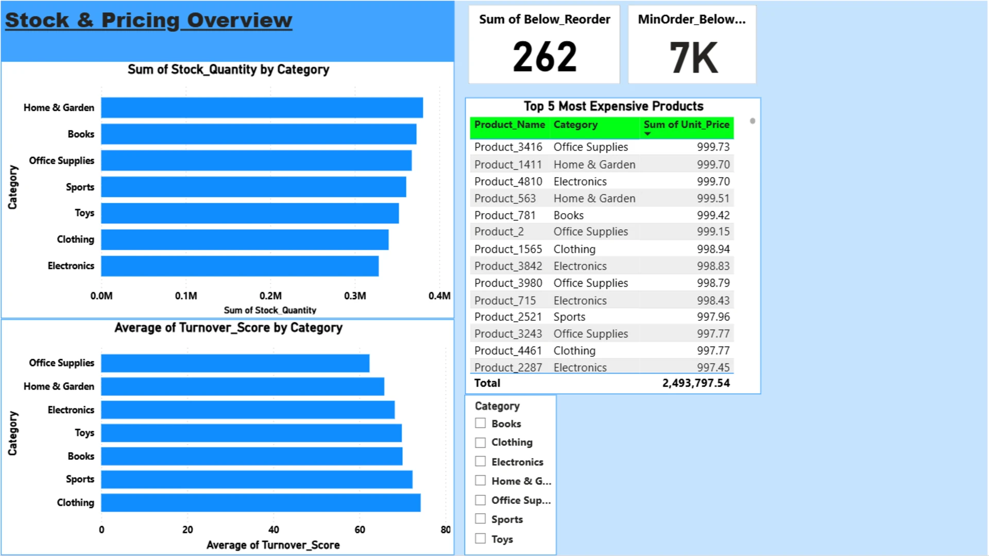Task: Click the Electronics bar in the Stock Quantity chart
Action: tap(240, 266)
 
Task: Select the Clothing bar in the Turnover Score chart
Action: tap(261, 503)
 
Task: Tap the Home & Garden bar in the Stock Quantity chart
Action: tap(262, 108)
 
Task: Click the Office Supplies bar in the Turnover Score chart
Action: tap(235, 363)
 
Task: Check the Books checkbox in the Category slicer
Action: tap(481, 423)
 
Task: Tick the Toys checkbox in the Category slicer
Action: tap(481, 538)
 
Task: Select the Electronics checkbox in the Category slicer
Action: tap(481, 461)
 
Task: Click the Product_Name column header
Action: tap(509, 125)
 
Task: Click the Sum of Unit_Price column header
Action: tap(686, 125)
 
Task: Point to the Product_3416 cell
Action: tap(508, 147)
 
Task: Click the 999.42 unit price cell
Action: tap(713, 215)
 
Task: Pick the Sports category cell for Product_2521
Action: tap(569, 317)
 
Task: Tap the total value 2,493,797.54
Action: tap(695, 383)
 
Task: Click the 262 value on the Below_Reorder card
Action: tap(544, 57)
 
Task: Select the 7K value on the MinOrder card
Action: tap(693, 58)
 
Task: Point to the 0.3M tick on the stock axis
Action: tap(355, 296)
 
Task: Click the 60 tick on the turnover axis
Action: tap(360, 530)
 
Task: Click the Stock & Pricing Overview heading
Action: tap(148, 21)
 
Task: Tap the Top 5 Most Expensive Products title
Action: tap(613, 106)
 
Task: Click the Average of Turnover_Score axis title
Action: tap(273, 545)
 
